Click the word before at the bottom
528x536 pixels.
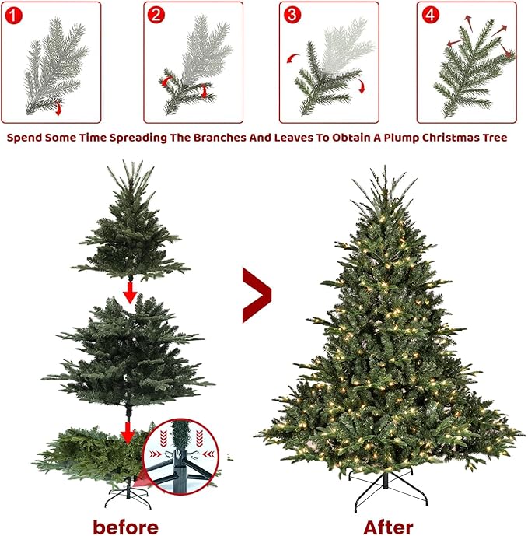pyautogui.click(x=125, y=526)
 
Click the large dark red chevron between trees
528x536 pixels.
pyautogui.click(x=257, y=295)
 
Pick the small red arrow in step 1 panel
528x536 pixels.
pyautogui.click(x=58, y=109)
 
